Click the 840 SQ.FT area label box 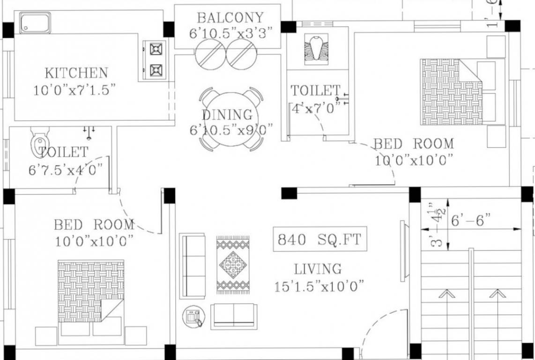[320, 240]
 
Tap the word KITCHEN [76, 73]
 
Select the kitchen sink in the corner [35, 23]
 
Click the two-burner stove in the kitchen [156, 60]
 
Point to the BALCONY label [230, 18]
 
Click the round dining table [230, 119]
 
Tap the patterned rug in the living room [233, 265]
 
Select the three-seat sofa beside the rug [192, 266]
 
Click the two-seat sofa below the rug [233, 315]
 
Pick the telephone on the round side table [193, 317]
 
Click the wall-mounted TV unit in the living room [403, 251]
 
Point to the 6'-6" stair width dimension [470, 220]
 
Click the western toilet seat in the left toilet [39, 142]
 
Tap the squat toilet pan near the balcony [316, 49]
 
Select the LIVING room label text [318, 269]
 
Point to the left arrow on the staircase [446, 294]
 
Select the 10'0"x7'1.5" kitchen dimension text [74, 90]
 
